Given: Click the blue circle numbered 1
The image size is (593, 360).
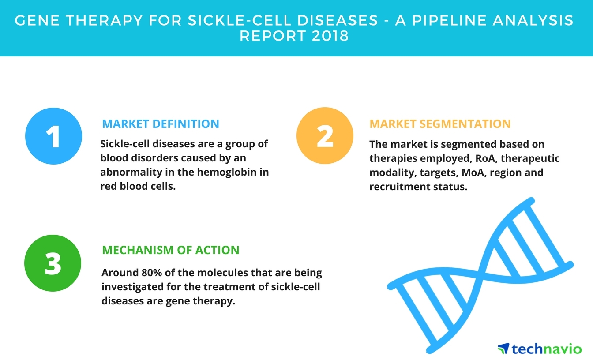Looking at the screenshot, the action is pyautogui.click(x=53, y=136).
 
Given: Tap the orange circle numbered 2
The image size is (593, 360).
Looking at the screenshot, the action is pyautogui.click(x=325, y=135).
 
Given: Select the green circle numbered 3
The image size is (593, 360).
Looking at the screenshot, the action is pyautogui.click(x=53, y=263).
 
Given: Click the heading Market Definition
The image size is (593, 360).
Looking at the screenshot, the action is pyautogui.click(x=161, y=124).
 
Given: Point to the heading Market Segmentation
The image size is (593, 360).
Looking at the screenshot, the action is pyautogui.click(x=440, y=124).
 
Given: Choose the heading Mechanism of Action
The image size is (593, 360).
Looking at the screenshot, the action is pyautogui.click(x=171, y=250).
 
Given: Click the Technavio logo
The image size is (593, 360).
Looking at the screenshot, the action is pyautogui.click(x=540, y=349).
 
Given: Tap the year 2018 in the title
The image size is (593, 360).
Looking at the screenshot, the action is pyautogui.click(x=330, y=36).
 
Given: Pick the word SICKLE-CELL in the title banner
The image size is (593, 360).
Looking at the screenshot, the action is pyautogui.click(x=282, y=20).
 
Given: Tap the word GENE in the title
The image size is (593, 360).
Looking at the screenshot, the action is pyautogui.click(x=37, y=20).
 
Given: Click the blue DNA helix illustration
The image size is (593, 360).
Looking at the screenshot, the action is pyautogui.click(x=480, y=275).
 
